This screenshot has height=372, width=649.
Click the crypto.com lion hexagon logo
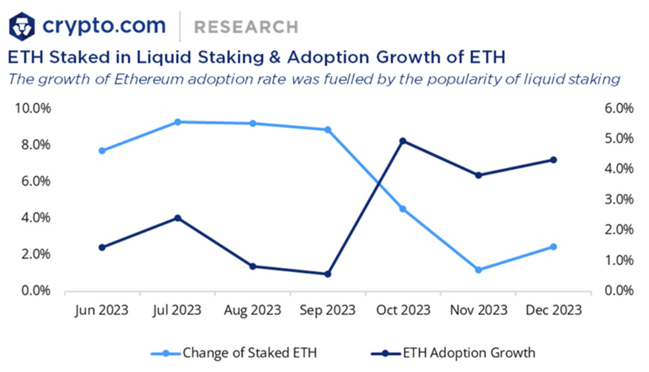pos(22,27)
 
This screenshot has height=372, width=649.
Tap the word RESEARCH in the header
pos(246,27)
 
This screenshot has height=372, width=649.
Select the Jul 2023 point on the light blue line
pos(177,122)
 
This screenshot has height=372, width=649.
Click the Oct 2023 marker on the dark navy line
pos(403,141)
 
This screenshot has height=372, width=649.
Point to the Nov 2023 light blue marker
pos(478,270)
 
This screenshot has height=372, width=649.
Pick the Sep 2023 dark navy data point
pos(327,274)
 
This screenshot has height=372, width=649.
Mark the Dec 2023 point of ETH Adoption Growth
pos(553,160)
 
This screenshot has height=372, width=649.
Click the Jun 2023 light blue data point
pos(102,150)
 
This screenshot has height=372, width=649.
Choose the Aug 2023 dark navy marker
pos(253,266)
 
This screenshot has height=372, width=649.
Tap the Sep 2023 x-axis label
pos(327,310)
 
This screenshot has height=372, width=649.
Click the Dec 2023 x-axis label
pos(554,310)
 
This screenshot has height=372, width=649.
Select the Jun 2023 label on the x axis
pos(102,311)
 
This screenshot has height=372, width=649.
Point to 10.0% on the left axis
pos(33,108)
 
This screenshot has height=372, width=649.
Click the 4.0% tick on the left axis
pos(36,217)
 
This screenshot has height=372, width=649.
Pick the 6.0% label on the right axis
pos(619,108)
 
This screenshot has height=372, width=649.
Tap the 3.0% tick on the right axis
pos(619,199)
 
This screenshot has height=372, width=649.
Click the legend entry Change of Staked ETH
pos(234,353)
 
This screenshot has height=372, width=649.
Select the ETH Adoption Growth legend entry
pos(453,353)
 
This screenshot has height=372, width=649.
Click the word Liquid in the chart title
pos(164,57)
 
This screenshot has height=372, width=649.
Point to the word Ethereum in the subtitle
pos(148,78)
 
